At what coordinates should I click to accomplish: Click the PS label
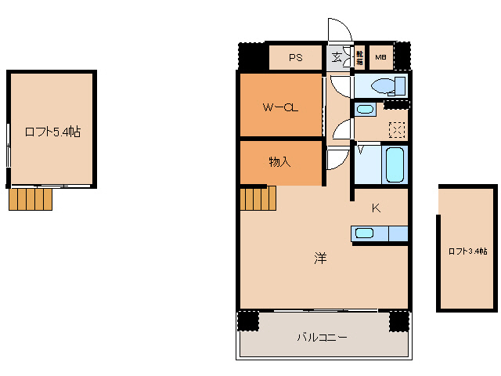pos(295,57)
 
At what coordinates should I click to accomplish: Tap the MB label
pos(380,57)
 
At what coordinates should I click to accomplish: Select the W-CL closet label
pos(279,108)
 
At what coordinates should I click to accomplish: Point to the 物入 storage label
pos(279,162)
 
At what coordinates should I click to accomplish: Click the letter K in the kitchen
pos(376,208)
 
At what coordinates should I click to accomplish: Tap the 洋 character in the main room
pos(320,258)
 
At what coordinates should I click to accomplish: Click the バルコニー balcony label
pos(322,338)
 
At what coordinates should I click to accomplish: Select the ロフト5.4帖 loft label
pos(52,132)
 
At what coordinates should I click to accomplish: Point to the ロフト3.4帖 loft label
pos(467,251)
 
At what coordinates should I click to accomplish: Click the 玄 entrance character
pos(337,57)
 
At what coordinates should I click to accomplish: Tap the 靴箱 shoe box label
pos(359,57)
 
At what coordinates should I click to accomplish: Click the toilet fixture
pos(384,85)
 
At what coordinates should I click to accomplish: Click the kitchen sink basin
pos(364,233)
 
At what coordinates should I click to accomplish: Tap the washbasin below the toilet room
pos(365,110)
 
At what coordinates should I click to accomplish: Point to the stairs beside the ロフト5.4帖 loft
pos(31,199)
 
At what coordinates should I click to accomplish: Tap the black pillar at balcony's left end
pos(248,321)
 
